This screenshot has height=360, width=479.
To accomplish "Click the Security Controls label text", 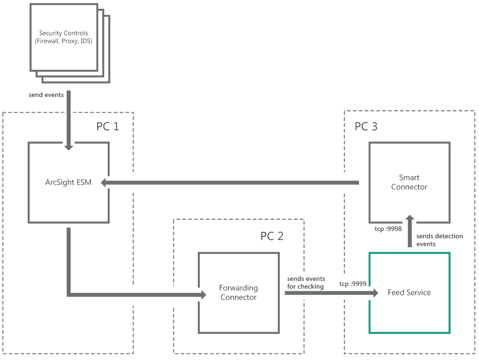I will pos(63,33).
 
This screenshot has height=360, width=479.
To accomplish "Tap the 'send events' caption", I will pos(46,95).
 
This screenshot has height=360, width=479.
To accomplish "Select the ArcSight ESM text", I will pos(68,183).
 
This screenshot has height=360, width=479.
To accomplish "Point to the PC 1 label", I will pos(108,126).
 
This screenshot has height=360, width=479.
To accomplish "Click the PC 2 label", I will pos(272,236).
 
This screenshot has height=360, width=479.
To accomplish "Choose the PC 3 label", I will pos(366,126).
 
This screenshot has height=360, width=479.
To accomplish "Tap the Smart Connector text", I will pos(409,183).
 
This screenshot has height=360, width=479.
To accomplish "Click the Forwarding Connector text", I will pos(238,293).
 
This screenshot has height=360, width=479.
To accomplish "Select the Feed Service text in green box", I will pos(409,293).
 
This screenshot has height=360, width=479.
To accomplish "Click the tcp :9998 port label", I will pos(387,229).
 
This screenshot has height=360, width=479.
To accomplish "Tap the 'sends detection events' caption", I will pos(439,240).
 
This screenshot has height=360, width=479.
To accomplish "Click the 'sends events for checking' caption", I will pos(306,282).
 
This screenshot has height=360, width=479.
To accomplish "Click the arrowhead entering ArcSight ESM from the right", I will pos(105,183).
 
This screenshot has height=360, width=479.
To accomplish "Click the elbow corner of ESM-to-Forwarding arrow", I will pos(69,293).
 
